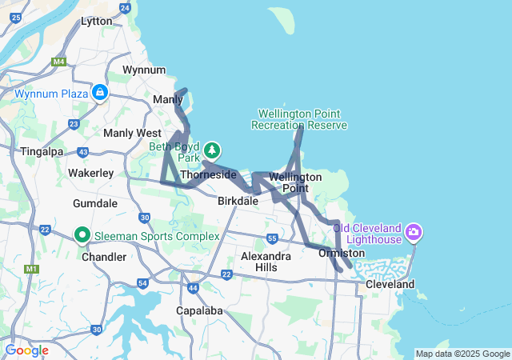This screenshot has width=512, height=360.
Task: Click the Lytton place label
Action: (x=97, y=22)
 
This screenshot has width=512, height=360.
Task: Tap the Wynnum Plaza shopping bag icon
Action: (x=99, y=94)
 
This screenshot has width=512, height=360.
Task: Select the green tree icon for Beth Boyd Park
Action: (x=212, y=150)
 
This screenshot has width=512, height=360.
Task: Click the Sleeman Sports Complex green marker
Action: (x=82, y=235)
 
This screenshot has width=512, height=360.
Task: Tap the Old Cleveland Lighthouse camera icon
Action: (x=414, y=233)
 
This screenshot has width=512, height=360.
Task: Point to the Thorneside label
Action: (x=208, y=174)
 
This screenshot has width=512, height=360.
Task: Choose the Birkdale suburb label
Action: (x=238, y=202)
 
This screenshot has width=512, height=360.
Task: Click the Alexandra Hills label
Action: (x=266, y=262)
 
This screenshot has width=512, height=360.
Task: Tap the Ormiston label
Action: (x=342, y=254)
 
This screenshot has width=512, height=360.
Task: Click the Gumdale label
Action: (x=95, y=203)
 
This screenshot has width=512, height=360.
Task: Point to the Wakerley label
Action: (x=90, y=173)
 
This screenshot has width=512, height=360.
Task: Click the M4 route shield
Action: (x=59, y=61)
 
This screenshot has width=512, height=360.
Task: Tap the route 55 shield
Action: (x=273, y=238)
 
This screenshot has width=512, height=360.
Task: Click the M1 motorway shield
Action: (x=32, y=269)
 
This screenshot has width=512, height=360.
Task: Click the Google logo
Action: (x=26, y=350)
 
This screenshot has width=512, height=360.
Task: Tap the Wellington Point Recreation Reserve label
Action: (x=299, y=119)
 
